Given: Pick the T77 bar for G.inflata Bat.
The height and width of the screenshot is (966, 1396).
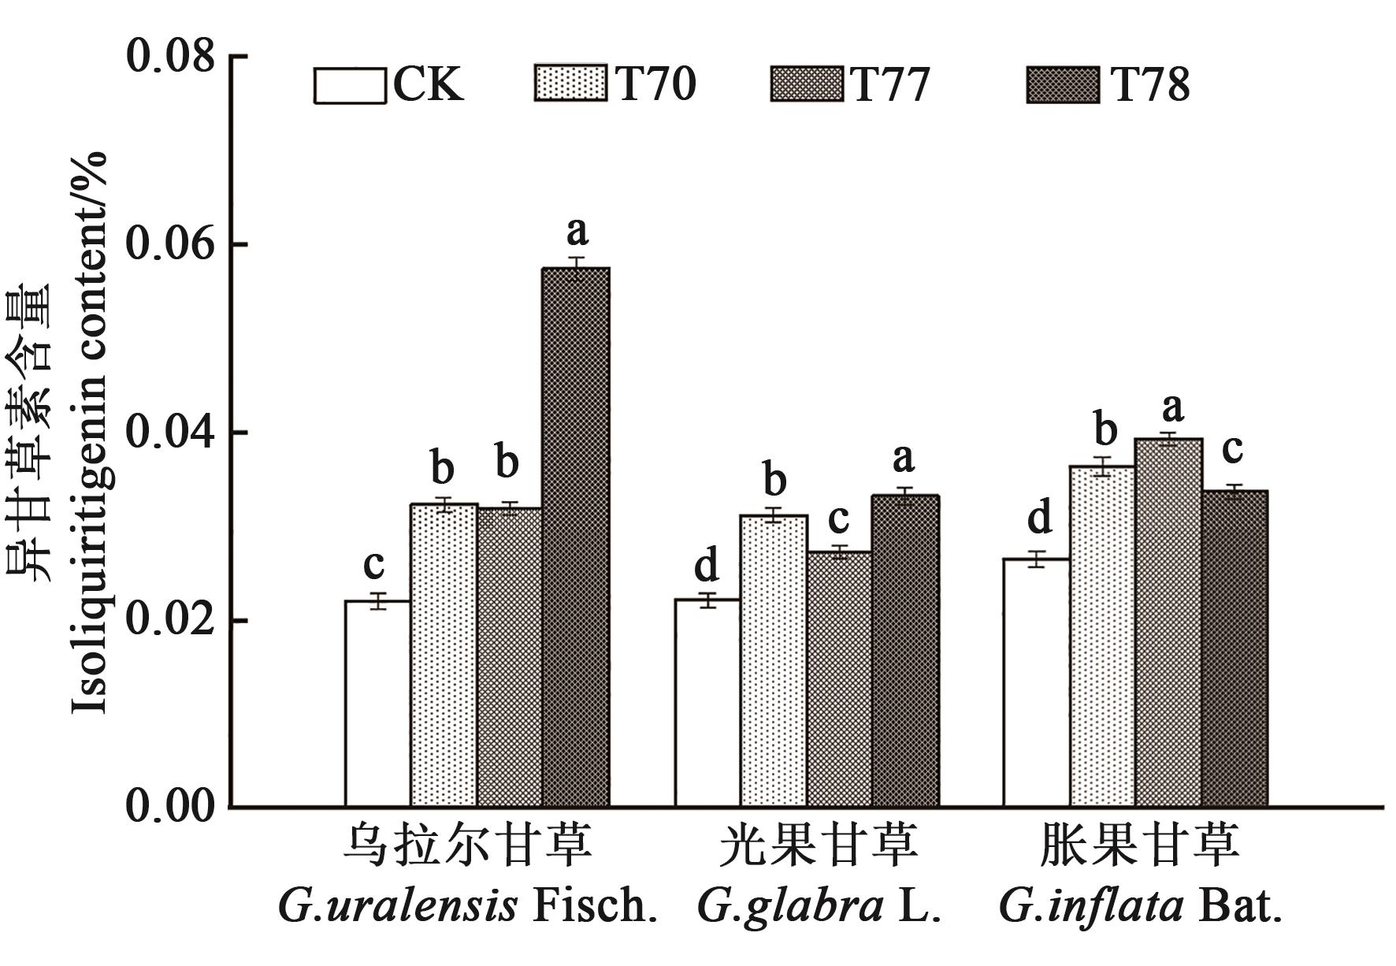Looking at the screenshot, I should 1168,622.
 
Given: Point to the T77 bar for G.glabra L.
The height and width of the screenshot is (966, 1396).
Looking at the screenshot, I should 840,678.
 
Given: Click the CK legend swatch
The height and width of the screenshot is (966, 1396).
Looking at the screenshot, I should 350,85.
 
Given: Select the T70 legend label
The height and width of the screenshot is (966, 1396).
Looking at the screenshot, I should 656,84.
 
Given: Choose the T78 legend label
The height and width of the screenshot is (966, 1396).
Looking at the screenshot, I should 1150,84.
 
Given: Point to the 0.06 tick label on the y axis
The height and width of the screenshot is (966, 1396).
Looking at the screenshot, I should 170,245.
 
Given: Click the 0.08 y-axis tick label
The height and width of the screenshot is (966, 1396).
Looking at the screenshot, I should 170,57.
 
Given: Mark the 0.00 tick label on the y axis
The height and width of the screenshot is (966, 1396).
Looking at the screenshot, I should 170,807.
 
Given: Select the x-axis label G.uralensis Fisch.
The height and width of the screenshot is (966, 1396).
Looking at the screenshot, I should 468,907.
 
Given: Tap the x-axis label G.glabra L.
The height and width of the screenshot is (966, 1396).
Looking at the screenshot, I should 819,907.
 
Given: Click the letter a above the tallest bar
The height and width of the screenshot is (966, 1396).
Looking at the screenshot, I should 577,232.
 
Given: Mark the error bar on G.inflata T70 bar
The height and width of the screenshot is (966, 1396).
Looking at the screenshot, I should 1102,466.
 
